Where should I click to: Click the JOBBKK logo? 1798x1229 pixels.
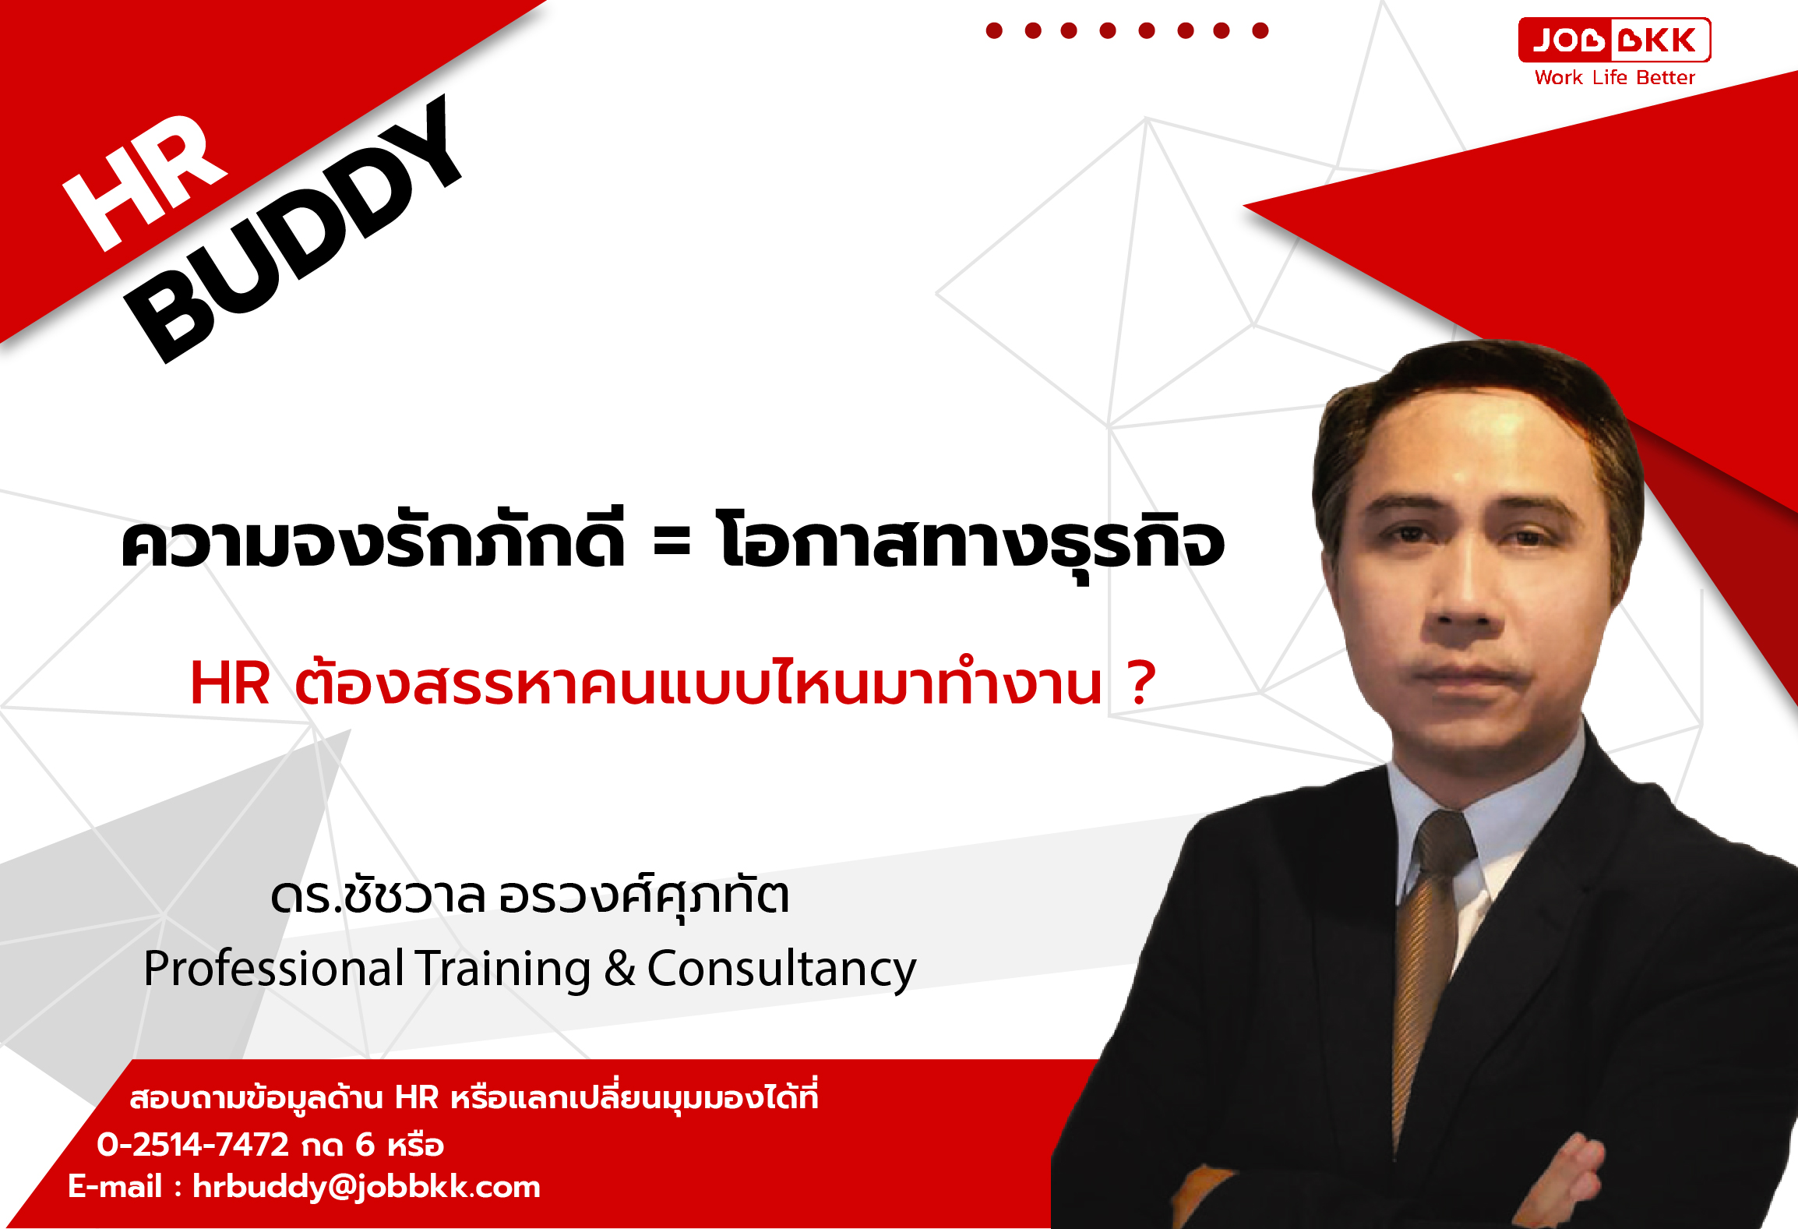(1614, 40)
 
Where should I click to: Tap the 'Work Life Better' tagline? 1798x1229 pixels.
(1614, 77)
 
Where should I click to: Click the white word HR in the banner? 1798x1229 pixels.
(145, 183)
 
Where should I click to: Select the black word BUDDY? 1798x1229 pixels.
(294, 229)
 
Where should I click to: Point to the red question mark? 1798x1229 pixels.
(1141, 683)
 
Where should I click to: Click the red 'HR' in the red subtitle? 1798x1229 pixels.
(230, 683)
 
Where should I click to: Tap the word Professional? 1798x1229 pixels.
(273, 969)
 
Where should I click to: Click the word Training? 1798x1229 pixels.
(502, 969)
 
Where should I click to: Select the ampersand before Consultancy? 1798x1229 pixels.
(619, 969)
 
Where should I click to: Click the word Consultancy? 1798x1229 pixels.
(781, 969)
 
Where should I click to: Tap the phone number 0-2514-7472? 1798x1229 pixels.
(192, 1145)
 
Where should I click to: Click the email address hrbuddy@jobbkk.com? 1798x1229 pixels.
(366, 1187)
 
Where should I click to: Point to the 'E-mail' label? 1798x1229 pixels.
(115, 1186)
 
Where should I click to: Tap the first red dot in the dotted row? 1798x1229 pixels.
(994, 30)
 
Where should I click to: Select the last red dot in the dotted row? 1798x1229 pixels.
(1260, 30)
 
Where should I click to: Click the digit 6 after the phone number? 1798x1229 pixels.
(365, 1145)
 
